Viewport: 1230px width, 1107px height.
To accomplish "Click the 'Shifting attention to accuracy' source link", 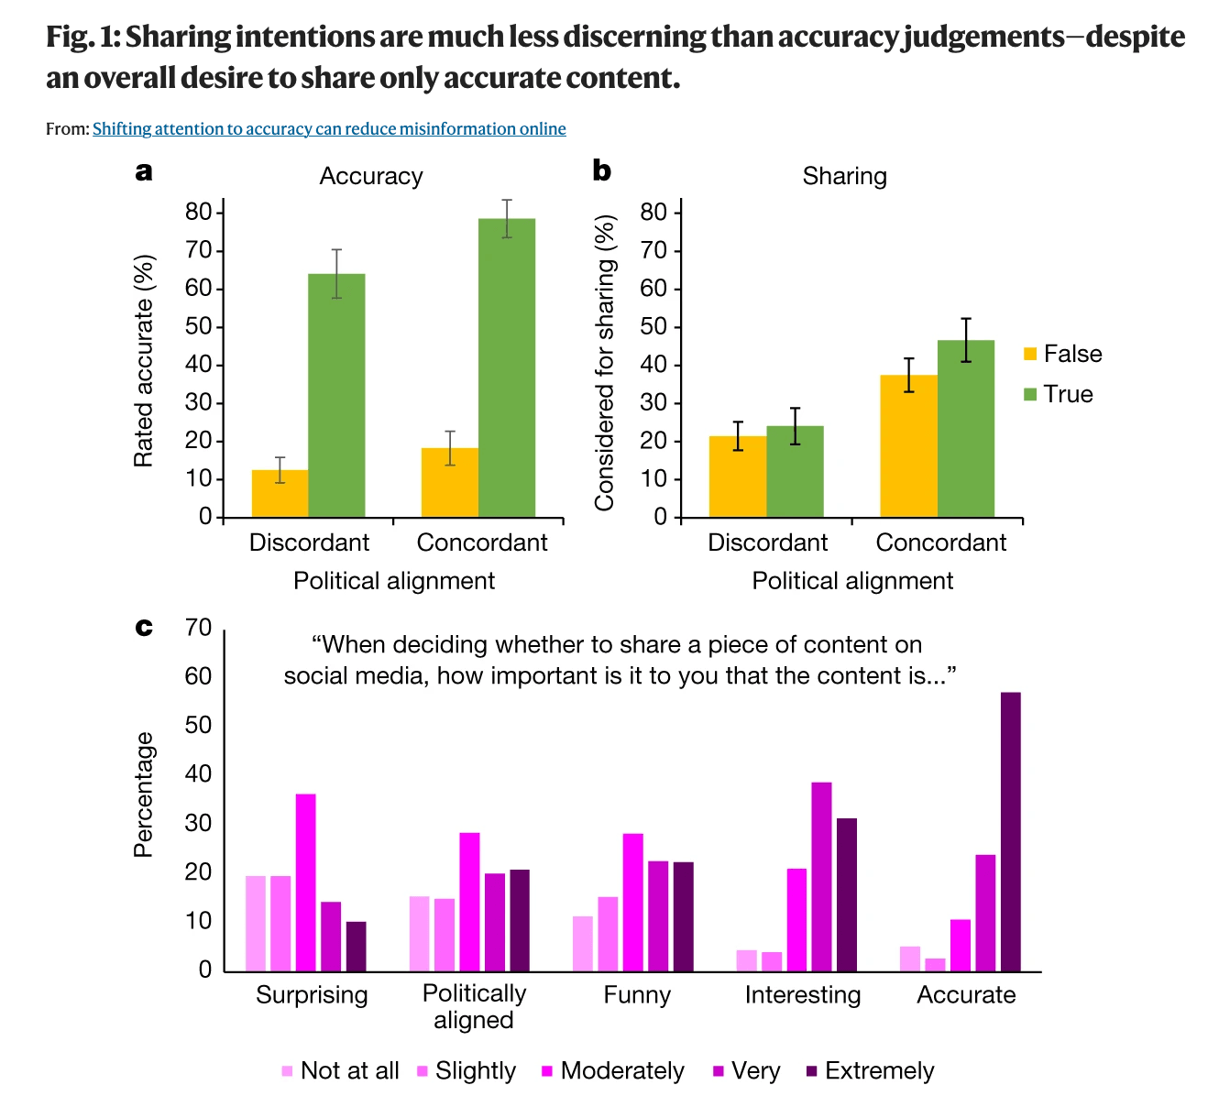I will [329, 129].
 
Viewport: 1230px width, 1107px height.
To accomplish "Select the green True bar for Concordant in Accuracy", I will [507, 367].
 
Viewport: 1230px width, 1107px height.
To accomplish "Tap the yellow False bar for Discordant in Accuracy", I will [280, 494].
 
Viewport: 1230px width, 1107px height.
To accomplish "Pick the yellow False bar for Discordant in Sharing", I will [738, 477].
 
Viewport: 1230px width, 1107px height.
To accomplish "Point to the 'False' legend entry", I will [1062, 355].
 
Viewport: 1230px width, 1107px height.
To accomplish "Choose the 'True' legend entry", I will [1059, 395].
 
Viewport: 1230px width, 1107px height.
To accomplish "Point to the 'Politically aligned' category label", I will [474, 1007].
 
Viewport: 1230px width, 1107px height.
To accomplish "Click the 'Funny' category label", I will [637, 995].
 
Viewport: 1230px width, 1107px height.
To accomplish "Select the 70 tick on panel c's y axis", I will [198, 629].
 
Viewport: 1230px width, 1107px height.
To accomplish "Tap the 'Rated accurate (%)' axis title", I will [144, 361].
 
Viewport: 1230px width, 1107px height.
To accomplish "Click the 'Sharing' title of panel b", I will [844, 177].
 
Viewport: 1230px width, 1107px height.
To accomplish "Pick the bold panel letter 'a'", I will [144, 171].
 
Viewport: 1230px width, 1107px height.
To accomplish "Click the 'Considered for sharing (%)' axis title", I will [604, 363].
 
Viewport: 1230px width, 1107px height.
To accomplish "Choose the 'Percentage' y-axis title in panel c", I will [144, 795].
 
